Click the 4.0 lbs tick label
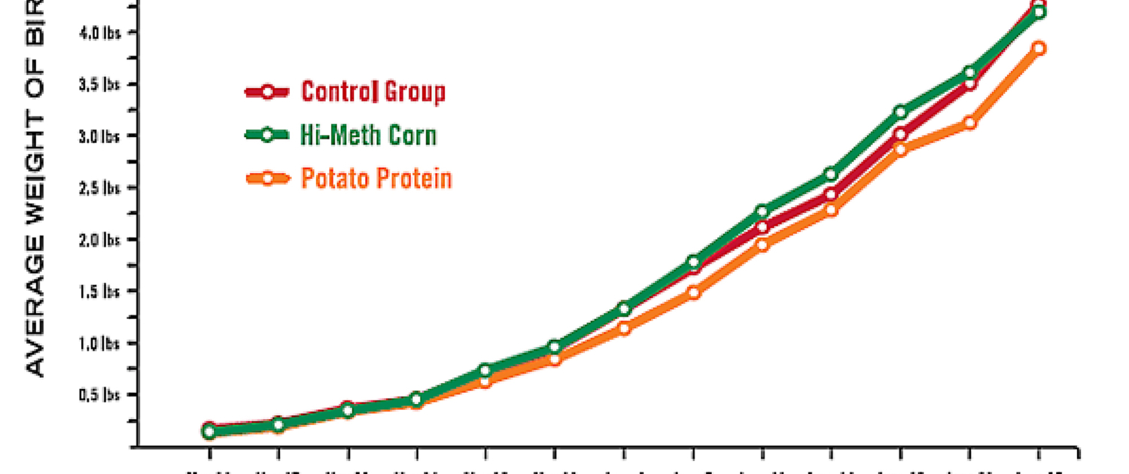[x=100, y=33]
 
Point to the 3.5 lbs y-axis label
[x=100, y=85]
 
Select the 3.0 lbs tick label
[x=100, y=136]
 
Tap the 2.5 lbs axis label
[x=100, y=188]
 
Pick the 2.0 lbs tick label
[x=100, y=240]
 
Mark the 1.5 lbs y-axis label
[x=100, y=291]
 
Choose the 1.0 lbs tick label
[x=100, y=343]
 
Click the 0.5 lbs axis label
[x=100, y=395]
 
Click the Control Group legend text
[x=373, y=92]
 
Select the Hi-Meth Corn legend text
[x=368, y=135]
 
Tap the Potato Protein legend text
[x=376, y=179]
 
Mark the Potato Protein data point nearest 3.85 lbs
[x=1039, y=48]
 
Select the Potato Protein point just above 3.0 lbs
[x=969, y=123]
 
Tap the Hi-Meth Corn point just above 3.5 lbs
[x=969, y=73]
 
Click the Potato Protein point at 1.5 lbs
[x=693, y=293]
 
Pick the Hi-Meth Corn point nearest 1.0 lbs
[x=555, y=347]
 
